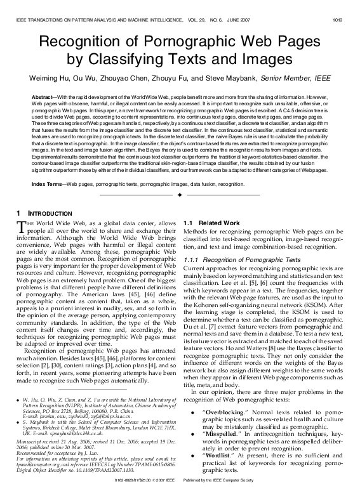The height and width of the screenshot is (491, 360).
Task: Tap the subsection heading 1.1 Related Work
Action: [202, 223]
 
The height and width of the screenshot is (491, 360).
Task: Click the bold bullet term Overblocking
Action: [219, 412]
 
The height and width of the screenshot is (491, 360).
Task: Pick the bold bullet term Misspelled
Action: [217, 433]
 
